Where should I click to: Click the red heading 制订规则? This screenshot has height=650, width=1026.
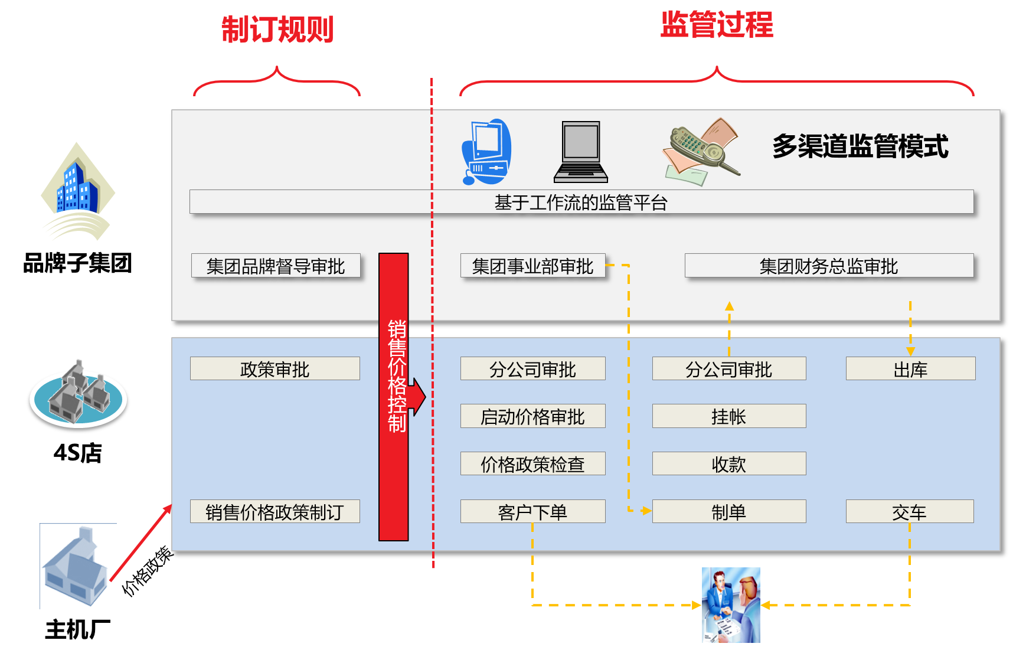tap(277, 30)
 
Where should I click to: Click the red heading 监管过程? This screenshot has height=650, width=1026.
tap(716, 25)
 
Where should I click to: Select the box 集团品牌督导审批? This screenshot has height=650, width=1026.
tap(276, 266)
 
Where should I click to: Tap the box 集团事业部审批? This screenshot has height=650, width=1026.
tap(532, 266)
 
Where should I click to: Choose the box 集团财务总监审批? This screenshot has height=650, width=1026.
tap(828, 266)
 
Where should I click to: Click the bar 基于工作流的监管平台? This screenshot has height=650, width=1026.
tap(581, 202)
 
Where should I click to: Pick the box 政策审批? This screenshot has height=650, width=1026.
tap(275, 369)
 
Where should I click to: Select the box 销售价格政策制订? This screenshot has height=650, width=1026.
tap(275, 511)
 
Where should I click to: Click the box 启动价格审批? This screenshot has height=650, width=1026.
tap(532, 416)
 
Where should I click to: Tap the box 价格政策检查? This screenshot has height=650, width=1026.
tap(532, 464)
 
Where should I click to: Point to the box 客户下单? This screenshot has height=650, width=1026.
tap(532, 511)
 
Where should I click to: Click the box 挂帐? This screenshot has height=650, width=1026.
tap(728, 416)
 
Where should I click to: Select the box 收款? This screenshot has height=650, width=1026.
tap(728, 464)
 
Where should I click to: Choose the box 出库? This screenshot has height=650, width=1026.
tap(910, 369)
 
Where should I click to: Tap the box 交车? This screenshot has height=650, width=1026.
tap(909, 511)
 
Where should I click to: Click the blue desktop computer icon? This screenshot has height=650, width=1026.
tap(486, 152)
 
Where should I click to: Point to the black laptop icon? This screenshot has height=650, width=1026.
tap(581, 152)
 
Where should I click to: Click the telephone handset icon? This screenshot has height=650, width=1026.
tap(702, 151)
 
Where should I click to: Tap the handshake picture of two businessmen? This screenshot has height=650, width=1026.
tap(731, 605)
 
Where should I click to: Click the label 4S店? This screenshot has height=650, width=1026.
tap(77, 453)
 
